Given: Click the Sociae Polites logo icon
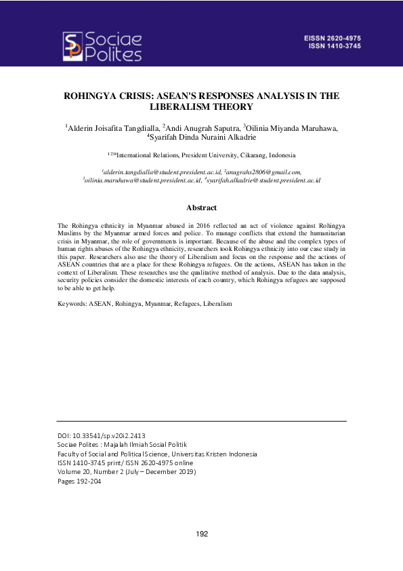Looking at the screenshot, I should pyautogui.click(x=73, y=45).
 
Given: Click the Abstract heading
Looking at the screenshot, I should pyautogui.click(x=201, y=208).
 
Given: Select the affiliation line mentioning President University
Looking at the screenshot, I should pyautogui.click(x=201, y=155).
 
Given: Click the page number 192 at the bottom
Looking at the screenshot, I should pyautogui.click(x=201, y=534).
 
